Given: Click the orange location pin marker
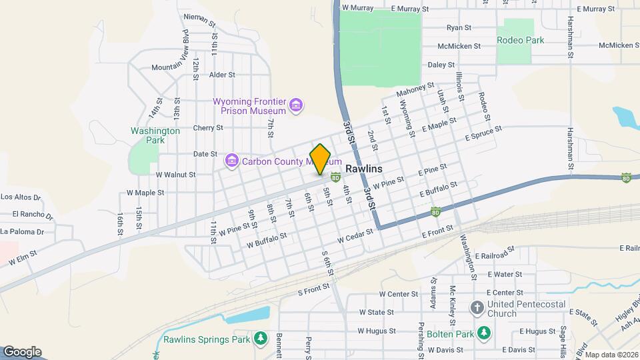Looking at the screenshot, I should click(x=321, y=159).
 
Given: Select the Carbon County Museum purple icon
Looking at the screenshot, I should click(x=232, y=161).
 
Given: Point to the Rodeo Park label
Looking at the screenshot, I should click(x=520, y=40).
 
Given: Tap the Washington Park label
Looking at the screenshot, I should click(x=155, y=135).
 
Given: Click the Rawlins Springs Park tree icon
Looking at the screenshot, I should click(x=260, y=339).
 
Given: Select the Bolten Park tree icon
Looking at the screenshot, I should click(x=485, y=332).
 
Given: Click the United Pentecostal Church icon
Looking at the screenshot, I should click(x=477, y=308).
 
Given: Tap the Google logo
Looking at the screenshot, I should click(x=22, y=352).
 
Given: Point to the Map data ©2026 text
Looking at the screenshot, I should click(x=611, y=355).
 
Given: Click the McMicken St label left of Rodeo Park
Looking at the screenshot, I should click(x=459, y=46).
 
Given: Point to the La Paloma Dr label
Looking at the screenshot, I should click(x=22, y=232).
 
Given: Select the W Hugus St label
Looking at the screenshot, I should click(x=377, y=330).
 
